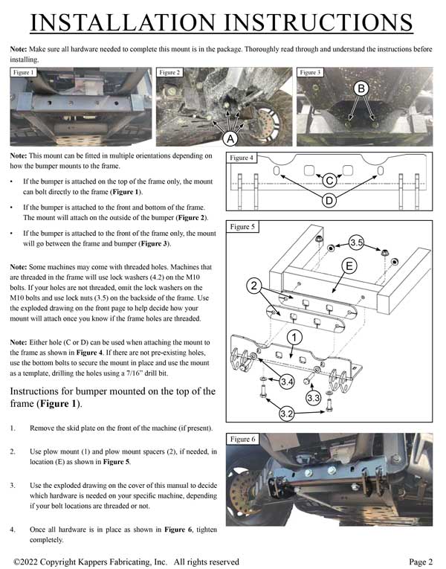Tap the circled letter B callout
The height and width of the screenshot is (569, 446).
[x=361, y=89]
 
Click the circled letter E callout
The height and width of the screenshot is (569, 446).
[x=348, y=266]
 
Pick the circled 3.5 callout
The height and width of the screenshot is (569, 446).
[x=356, y=242]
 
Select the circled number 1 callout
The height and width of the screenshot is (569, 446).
[x=294, y=338]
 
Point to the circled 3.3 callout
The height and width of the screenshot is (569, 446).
[x=314, y=398]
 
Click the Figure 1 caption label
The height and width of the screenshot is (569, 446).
[x=24, y=73]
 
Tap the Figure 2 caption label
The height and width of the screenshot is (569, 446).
[x=169, y=73]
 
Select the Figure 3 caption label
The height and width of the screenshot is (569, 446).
[x=309, y=73]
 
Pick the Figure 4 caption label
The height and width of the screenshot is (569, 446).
[x=242, y=158]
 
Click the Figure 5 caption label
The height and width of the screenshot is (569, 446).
[x=242, y=227]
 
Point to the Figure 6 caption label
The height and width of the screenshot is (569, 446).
[x=242, y=440]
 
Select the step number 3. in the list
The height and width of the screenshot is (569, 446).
[x=13, y=484]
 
